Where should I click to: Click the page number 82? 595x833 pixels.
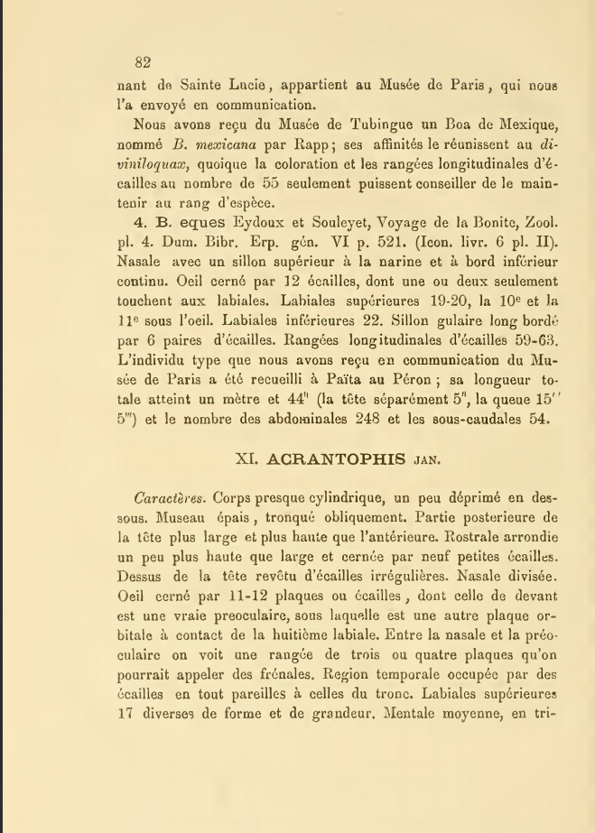[141, 62]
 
